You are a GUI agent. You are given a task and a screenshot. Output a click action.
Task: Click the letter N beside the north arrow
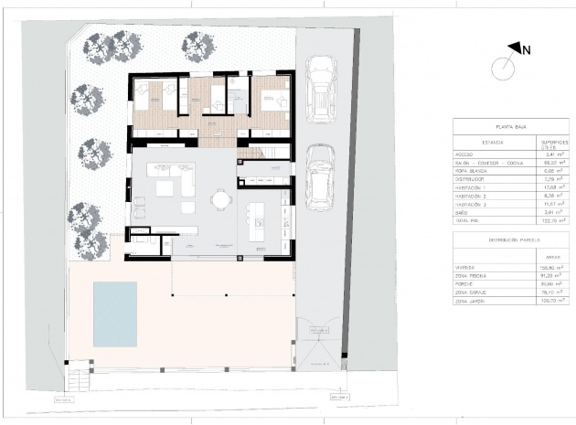(x=526, y=50)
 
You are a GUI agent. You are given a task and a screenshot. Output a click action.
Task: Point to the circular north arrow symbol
(x=502, y=67)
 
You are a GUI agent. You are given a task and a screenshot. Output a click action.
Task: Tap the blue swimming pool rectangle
(x=115, y=313)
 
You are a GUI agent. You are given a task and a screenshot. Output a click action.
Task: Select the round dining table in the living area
(x=220, y=198)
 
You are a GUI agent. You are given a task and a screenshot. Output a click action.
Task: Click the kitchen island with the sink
(x=259, y=216)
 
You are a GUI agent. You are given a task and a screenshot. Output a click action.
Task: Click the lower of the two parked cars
(x=319, y=176)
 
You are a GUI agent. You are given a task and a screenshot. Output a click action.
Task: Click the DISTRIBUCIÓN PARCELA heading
(x=509, y=242)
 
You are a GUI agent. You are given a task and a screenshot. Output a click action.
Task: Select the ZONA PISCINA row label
(x=471, y=275)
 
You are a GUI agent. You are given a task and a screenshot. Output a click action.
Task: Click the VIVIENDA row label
(x=466, y=267)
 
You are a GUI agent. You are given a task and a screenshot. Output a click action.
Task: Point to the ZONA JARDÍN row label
(x=470, y=300)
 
